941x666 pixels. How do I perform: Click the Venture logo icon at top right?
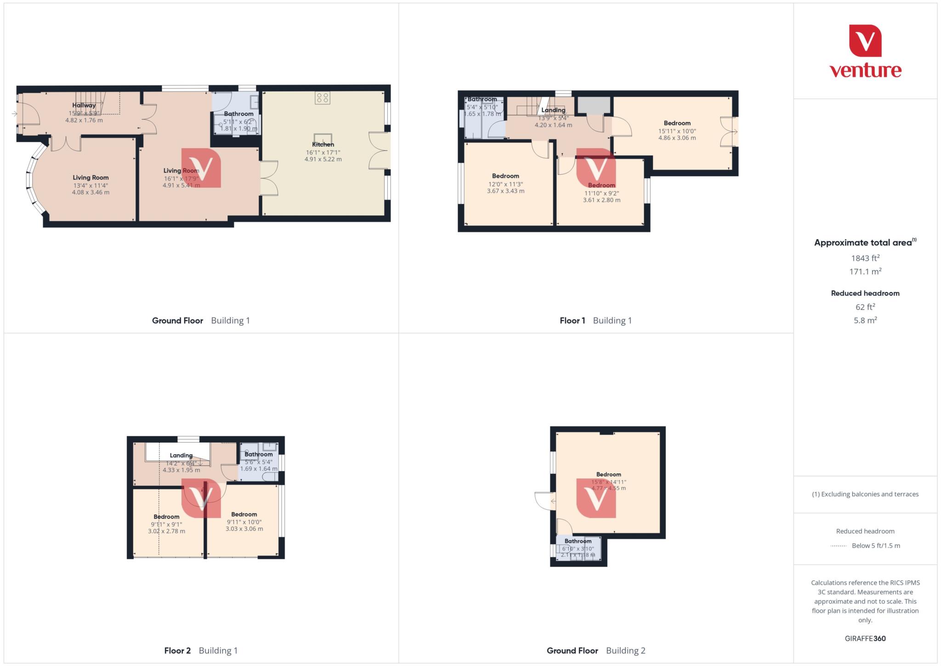tap(865, 40)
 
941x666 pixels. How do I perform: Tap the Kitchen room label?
tap(323, 144)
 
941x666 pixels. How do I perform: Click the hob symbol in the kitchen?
tap(323, 97)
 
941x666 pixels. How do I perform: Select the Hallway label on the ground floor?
tap(84, 105)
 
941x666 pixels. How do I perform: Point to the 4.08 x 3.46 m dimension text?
tap(91, 193)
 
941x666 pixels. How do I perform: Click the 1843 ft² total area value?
tap(865, 258)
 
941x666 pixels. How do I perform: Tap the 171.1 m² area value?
tap(865, 272)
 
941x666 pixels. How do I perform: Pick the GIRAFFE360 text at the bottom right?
tap(865, 638)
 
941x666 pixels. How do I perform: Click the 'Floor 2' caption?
tap(177, 650)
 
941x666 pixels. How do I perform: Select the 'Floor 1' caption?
tap(572, 320)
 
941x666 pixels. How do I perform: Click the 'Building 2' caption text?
tap(625, 650)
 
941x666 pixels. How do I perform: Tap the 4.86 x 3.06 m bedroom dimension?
tap(677, 138)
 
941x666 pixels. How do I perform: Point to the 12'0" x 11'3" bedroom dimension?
tap(505, 184)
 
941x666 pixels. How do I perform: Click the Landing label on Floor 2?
tap(181, 455)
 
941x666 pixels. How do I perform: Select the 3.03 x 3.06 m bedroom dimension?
tap(244, 529)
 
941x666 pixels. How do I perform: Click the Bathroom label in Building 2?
tap(578, 541)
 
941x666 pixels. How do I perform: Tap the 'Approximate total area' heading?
tap(863, 243)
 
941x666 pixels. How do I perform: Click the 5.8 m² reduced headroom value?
tap(865, 320)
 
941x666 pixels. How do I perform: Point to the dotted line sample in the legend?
tap(839, 546)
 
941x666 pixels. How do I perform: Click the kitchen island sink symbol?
tap(323, 138)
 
